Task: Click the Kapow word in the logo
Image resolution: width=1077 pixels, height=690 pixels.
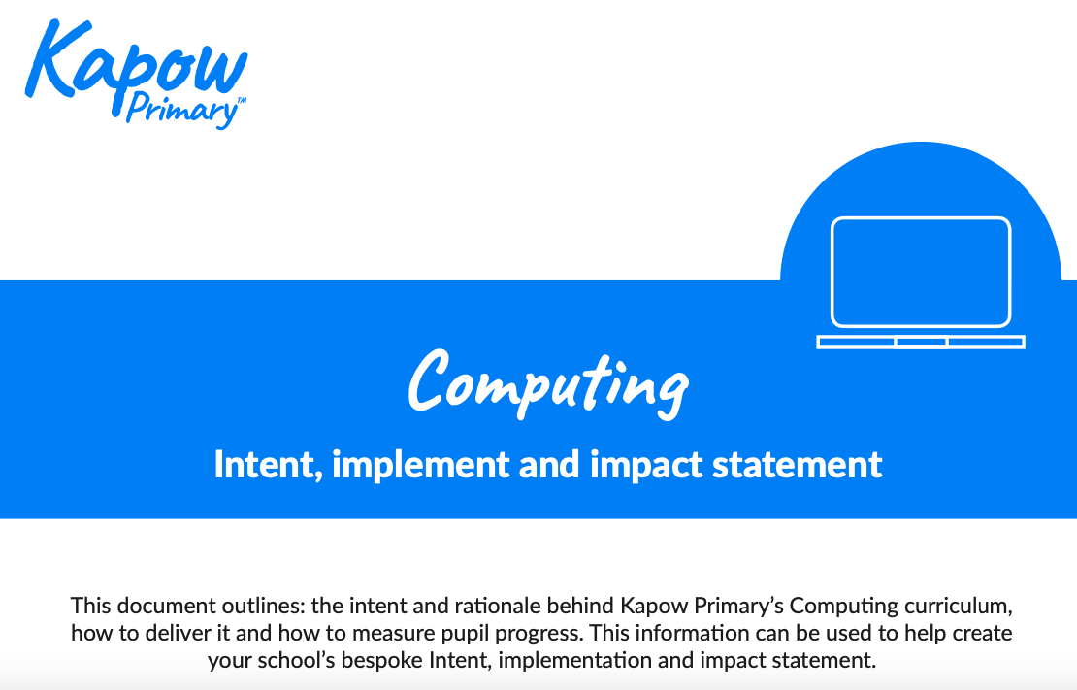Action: pos(136,60)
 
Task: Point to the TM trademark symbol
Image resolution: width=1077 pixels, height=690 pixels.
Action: pos(241,100)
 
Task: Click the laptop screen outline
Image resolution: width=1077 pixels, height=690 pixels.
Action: pos(921,217)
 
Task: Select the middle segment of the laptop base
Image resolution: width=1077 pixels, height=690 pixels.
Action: pos(921,342)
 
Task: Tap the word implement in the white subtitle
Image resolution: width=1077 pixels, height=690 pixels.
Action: pos(420,465)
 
